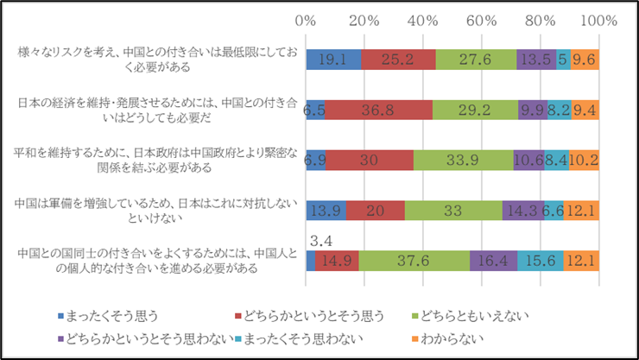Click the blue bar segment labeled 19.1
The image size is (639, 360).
333,60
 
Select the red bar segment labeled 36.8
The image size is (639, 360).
378,110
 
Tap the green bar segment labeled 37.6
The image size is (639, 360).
414,260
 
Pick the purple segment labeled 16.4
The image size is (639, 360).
493,260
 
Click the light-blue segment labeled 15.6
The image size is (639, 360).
540,260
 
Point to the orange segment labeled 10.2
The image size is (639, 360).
584,160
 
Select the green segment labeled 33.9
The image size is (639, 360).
464,160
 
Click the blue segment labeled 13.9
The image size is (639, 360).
326,210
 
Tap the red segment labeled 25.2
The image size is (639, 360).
398,60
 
